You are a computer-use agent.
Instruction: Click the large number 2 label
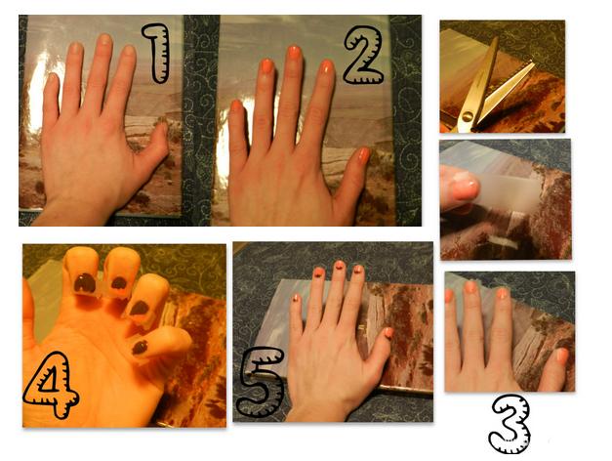click(363, 55)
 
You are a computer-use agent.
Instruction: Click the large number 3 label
click(510, 424)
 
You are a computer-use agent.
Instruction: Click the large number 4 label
click(51, 385)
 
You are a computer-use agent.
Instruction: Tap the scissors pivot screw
click(467, 115)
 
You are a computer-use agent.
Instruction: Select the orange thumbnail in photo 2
click(364, 154)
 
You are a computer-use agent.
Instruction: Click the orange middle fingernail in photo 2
click(295, 53)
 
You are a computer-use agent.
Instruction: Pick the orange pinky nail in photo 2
click(236, 106)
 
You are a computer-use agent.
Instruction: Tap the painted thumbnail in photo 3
click(561, 355)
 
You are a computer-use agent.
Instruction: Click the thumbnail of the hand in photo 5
click(389, 333)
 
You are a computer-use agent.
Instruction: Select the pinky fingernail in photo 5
click(296, 299)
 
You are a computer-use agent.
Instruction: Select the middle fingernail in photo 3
click(471, 286)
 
